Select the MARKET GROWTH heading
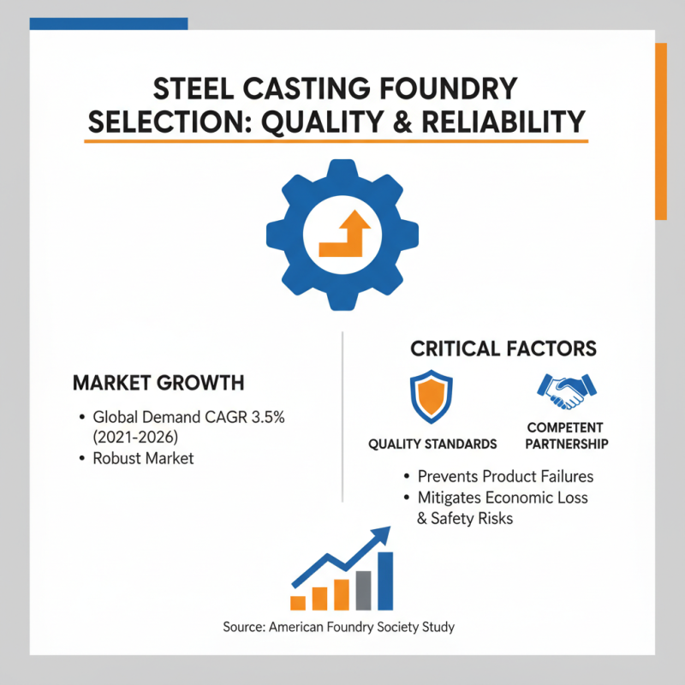[158, 382]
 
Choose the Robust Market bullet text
[143, 458]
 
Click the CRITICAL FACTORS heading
[503, 348]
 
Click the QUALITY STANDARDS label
[432, 444]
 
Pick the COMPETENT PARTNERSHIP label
[566, 436]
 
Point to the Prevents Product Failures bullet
[505, 477]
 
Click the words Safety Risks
[473, 518]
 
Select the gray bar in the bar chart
[363, 590]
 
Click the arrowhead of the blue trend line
[382, 535]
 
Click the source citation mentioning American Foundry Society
[338, 627]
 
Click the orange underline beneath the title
[337, 140]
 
